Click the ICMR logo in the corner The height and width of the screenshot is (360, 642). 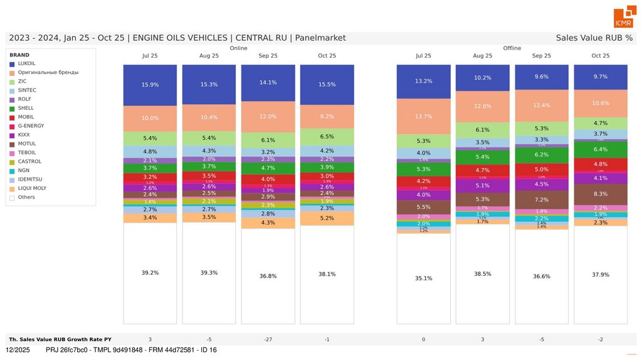(x=623, y=18)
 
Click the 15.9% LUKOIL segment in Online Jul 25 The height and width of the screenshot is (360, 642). (x=150, y=85)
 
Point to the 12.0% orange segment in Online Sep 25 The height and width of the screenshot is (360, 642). (x=268, y=117)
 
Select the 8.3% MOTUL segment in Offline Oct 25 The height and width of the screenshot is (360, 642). (x=600, y=194)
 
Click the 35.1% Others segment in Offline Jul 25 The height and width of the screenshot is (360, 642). (x=423, y=278)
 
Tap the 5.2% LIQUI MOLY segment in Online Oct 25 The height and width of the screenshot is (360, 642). (x=327, y=218)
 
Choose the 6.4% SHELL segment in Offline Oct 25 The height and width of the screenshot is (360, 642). (x=600, y=149)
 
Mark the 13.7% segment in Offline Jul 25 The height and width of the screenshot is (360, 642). (x=423, y=117)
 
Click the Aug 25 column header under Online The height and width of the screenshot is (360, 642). (x=209, y=56)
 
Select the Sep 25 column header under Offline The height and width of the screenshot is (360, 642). (x=541, y=56)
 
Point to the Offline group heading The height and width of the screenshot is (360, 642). (x=512, y=48)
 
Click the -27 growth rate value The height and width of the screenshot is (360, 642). (x=268, y=339)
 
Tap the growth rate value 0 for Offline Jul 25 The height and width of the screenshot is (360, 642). (x=423, y=339)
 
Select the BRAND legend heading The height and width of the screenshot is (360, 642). (x=19, y=55)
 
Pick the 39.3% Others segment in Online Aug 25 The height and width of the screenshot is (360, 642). (x=209, y=273)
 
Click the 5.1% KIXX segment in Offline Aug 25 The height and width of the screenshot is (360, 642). (x=482, y=186)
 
